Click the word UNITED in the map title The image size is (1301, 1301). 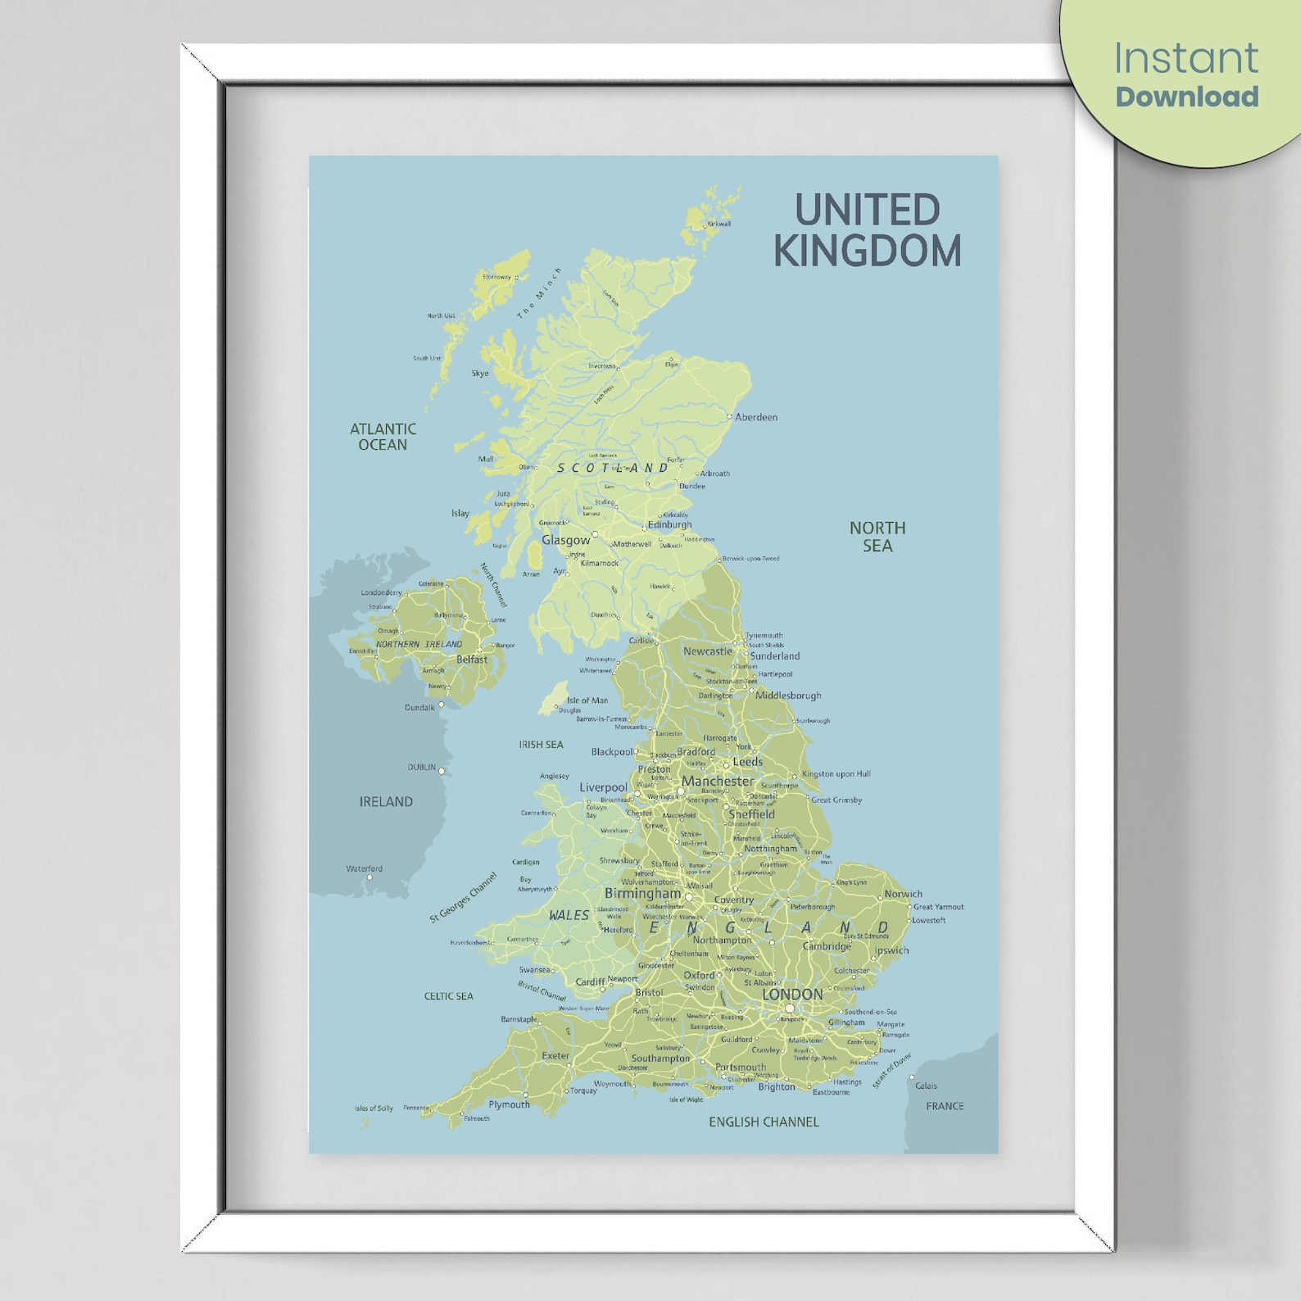click(867, 211)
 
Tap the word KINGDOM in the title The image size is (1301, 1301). click(867, 251)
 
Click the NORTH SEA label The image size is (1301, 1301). click(877, 537)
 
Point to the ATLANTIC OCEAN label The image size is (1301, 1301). click(383, 437)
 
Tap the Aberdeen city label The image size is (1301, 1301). click(755, 417)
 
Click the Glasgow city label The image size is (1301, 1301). click(565, 540)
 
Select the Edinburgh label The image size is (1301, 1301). click(669, 524)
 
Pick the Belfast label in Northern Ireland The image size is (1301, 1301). click(471, 660)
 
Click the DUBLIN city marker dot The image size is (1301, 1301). click(442, 771)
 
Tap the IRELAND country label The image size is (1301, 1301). click(386, 801)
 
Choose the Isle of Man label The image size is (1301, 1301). click(587, 700)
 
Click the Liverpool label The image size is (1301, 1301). click(603, 787)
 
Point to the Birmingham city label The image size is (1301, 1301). click(642, 893)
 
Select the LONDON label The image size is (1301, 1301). click(791, 994)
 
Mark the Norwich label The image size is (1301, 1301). click(903, 894)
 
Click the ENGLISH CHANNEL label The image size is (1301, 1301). click(764, 1122)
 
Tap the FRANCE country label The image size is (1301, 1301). click(945, 1106)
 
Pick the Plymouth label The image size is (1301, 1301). click(509, 1104)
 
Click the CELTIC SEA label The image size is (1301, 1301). click(448, 996)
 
